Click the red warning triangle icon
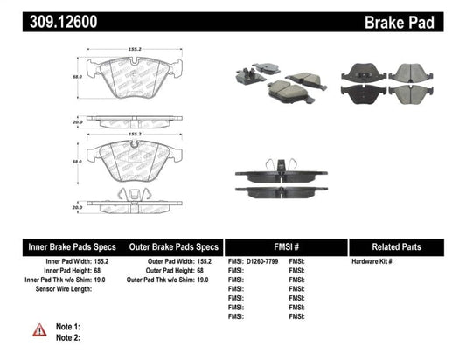click(x=40, y=329)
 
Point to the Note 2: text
click(x=69, y=338)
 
